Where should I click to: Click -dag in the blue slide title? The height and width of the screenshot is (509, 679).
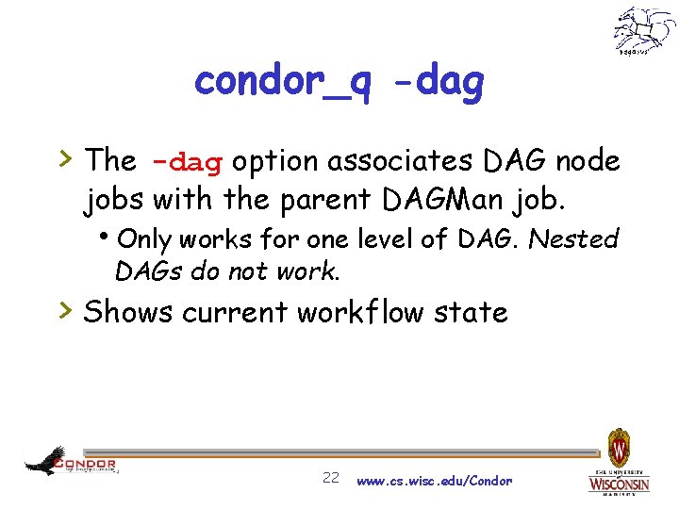439,83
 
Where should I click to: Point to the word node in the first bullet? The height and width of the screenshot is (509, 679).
588,161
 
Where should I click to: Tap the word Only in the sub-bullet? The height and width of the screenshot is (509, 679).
151,238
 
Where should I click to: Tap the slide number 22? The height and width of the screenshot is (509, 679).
331,478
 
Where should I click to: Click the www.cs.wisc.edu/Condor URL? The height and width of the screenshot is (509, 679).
435,481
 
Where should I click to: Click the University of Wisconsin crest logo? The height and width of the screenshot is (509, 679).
619,462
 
